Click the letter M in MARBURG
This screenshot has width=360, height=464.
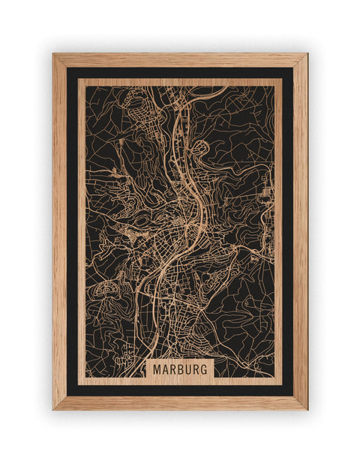(x=157, y=369)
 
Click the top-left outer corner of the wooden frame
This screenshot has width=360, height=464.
(x=52, y=53)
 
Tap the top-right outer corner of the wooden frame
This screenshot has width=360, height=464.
(x=307, y=53)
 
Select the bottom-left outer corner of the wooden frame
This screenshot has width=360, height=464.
(x=52, y=410)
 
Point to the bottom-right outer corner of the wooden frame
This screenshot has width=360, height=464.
(x=307, y=410)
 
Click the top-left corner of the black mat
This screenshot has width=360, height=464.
(x=67, y=68)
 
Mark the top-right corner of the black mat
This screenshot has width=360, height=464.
(x=293, y=68)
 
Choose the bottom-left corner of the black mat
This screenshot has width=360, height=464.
(x=67, y=396)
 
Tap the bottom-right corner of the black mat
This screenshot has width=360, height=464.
(x=293, y=396)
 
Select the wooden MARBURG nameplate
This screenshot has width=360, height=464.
(x=180, y=369)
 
